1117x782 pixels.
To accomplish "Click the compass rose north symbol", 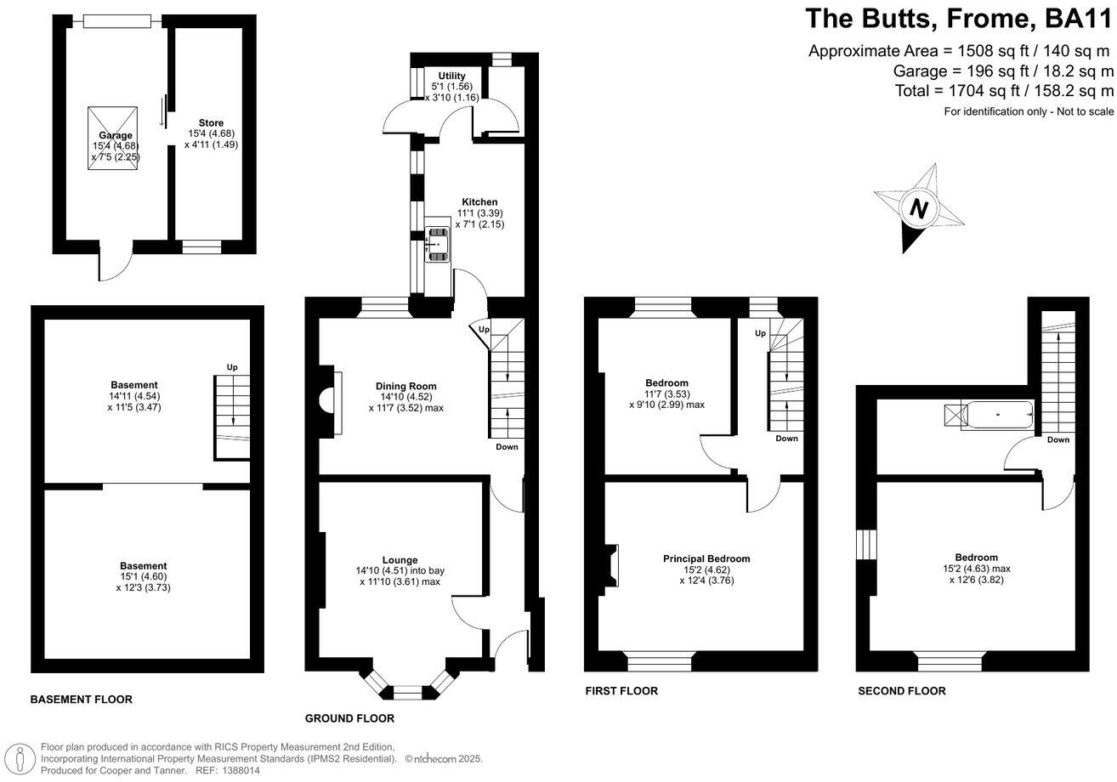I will (918, 208).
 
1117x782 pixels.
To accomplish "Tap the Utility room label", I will (451, 76).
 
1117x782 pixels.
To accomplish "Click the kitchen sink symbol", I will (438, 242).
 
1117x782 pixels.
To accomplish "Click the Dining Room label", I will (406, 387).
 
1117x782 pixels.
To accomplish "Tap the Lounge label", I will (400, 560).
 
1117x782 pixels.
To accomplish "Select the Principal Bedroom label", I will (706, 558).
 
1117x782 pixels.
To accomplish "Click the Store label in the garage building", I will (211, 123).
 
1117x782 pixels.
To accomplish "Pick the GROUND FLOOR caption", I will (349, 718).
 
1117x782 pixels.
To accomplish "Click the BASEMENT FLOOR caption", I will (82, 700).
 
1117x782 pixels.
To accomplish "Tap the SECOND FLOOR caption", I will (901, 691).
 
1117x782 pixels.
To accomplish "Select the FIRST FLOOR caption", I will (621, 691).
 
